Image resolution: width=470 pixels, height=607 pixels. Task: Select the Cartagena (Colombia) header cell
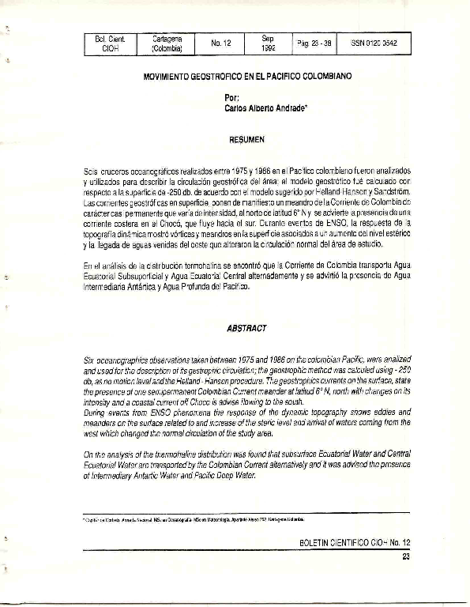click(x=167, y=43)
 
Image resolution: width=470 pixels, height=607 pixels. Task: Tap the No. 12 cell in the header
click(x=221, y=43)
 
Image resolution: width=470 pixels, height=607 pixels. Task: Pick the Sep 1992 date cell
click(x=268, y=43)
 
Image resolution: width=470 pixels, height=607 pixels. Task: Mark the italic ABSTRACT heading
click(x=247, y=328)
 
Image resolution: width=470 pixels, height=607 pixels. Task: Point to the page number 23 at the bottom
click(x=406, y=557)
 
